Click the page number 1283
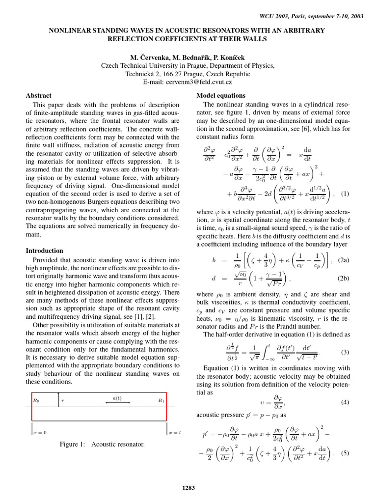[188, 488]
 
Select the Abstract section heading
[38, 95]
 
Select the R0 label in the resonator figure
[36, 401]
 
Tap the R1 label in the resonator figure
[161, 401]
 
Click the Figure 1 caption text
[102, 445]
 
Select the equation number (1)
[343, 194]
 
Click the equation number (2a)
[341, 261]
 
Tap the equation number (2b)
[341, 279]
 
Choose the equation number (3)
[344, 352]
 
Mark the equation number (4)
[344, 402]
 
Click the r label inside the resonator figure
[63, 401]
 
